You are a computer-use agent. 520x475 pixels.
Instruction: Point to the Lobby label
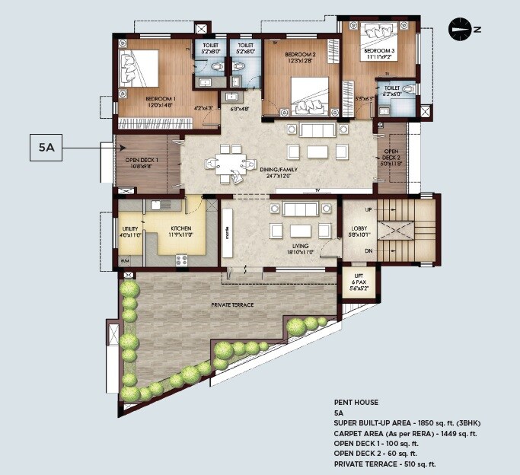pos(359,229)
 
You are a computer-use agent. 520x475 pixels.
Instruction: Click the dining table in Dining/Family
pos(228,164)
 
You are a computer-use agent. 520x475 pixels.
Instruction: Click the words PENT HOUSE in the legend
pos(357,401)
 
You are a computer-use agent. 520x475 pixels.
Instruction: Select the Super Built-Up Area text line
pos(407,422)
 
